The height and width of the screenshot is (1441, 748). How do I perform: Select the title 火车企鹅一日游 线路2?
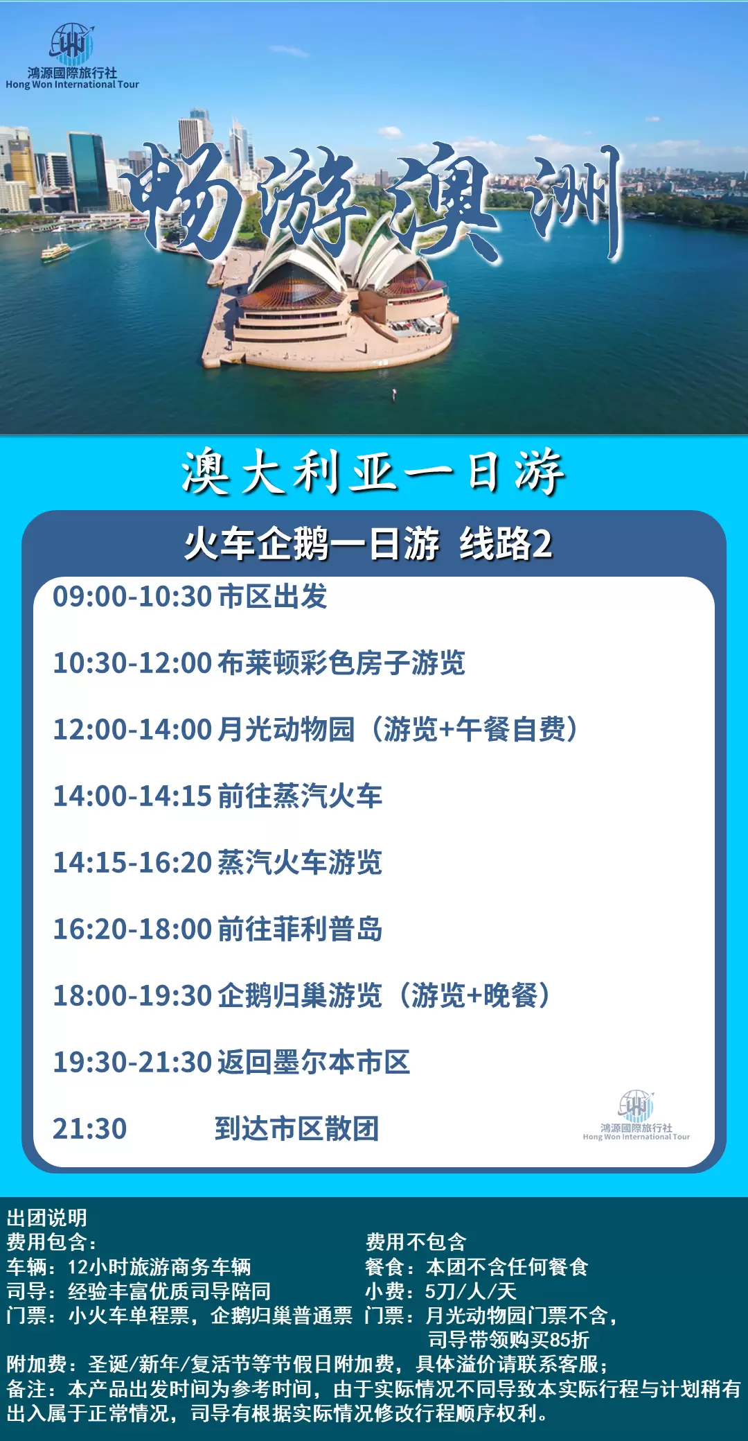pos(368,543)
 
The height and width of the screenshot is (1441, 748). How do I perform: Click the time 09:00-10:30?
pos(132,596)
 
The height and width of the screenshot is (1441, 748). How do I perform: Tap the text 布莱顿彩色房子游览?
pos(341,663)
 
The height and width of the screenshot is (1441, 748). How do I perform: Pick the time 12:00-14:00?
pos(132,729)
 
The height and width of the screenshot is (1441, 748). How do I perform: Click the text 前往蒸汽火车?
pos(300,796)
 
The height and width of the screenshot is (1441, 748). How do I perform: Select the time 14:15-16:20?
pos(132,862)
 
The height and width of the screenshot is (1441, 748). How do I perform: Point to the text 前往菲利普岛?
pos(300,929)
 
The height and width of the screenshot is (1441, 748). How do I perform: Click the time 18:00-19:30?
pos(132,995)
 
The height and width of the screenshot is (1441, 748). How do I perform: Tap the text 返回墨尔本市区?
pos(314,1062)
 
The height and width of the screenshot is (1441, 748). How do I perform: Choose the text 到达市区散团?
pos(296,1128)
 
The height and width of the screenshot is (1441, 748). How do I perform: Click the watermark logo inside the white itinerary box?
pos(636,1115)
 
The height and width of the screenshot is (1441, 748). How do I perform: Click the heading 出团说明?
pos(47,1218)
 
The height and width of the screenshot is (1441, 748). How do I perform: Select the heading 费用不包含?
pos(416,1242)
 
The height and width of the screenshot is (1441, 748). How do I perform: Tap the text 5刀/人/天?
pos(471,1291)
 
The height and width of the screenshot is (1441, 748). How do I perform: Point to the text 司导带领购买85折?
pos(508,1340)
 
